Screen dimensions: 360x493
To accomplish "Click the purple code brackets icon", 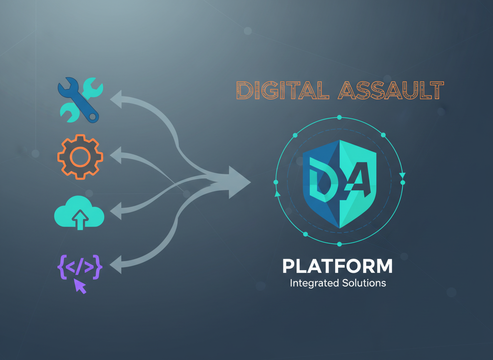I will [x=80, y=267].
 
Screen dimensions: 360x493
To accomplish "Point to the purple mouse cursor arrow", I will [x=80, y=287].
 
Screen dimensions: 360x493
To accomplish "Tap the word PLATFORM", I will [x=337, y=266].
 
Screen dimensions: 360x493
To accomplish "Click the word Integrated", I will [x=314, y=283].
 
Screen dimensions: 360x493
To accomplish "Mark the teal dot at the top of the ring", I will [x=339, y=117].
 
